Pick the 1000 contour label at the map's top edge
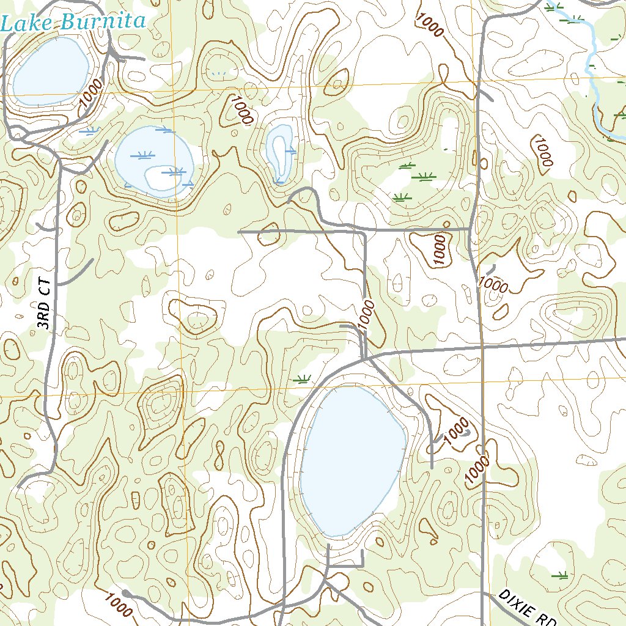point(428,24)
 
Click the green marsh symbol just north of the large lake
point(302,379)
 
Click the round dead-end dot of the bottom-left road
point(126,593)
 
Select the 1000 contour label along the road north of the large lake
point(367,315)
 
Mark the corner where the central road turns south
point(365,232)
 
